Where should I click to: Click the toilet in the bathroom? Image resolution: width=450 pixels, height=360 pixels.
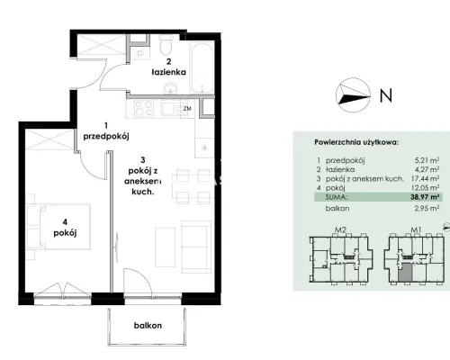click(x=166, y=45)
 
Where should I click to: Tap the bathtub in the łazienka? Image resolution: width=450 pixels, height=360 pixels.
click(x=202, y=68)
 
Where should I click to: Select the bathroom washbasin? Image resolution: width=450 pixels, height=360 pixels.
click(x=171, y=89)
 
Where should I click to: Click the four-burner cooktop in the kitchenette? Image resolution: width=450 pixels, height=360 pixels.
click(x=144, y=108)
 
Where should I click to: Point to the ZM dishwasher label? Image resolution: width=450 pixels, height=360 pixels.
click(x=187, y=109)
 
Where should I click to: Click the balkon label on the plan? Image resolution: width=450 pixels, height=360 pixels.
click(x=148, y=326)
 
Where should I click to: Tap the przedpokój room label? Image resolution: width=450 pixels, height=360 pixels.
click(x=106, y=137)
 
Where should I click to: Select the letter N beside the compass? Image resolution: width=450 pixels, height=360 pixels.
click(x=386, y=95)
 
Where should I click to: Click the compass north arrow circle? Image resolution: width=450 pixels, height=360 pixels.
click(x=353, y=94)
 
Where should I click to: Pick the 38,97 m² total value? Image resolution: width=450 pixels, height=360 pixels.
click(x=425, y=197)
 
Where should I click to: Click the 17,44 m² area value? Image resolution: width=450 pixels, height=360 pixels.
click(x=425, y=178)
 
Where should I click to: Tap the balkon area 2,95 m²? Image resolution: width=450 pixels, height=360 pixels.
click(x=427, y=208)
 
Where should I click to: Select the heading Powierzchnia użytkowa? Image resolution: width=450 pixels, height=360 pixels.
click(x=356, y=142)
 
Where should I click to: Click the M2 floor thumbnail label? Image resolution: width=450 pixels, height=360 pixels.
click(x=340, y=230)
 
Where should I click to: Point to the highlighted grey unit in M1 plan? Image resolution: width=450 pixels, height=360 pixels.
click(x=405, y=272)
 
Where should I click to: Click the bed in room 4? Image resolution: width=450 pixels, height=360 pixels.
click(x=58, y=227)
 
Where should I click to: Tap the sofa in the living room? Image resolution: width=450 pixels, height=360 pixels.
click(x=196, y=247)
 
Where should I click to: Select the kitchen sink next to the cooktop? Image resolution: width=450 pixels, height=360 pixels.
click(x=170, y=108)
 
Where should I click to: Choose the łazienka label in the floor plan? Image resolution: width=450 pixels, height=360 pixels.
click(x=169, y=72)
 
